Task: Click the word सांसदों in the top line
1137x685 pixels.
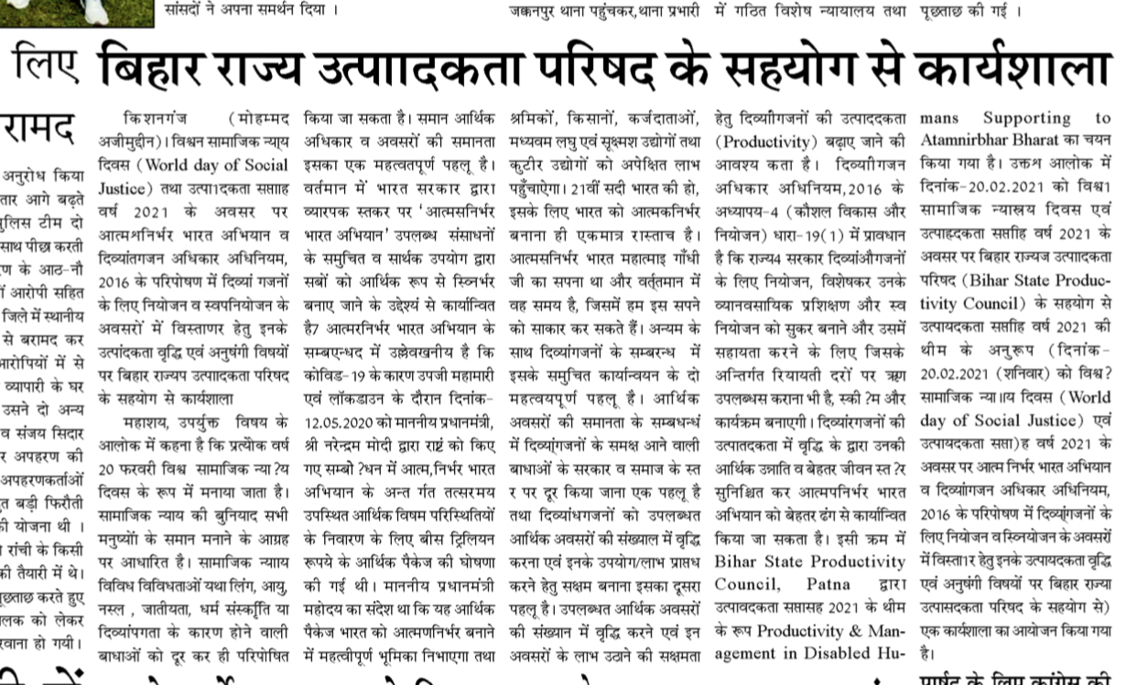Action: [188, 11]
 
